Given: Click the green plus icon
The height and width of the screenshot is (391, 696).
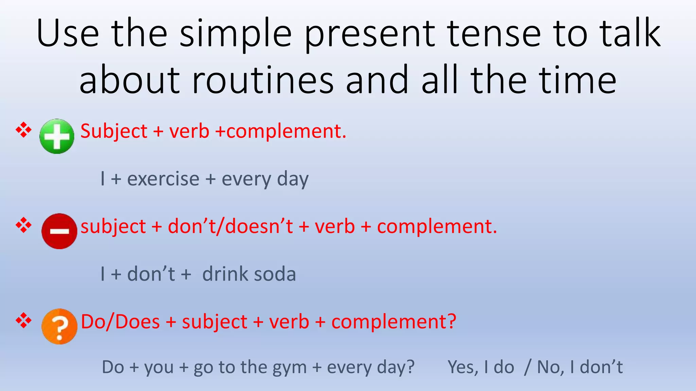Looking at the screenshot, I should [x=57, y=136].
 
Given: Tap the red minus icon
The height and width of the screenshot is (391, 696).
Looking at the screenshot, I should [x=59, y=231].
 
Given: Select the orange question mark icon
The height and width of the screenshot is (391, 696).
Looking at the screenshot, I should [x=59, y=327].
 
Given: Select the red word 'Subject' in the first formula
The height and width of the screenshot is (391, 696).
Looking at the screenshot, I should [x=114, y=131].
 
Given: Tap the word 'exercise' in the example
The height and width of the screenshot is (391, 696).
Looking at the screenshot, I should [x=163, y=179].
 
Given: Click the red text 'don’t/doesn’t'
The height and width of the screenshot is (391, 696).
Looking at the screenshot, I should [x=230, y=226].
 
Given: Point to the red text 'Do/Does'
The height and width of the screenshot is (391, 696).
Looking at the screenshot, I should [x=120, y=322].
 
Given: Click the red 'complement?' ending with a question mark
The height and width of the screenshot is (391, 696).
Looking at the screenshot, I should [x=394, y=322].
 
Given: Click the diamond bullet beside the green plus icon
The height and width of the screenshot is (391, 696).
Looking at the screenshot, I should [x=23, y=130].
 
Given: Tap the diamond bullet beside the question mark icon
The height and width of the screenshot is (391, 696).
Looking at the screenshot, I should [x=23, y=320].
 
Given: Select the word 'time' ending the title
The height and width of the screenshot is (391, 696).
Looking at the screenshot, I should [x=578, y=81].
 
